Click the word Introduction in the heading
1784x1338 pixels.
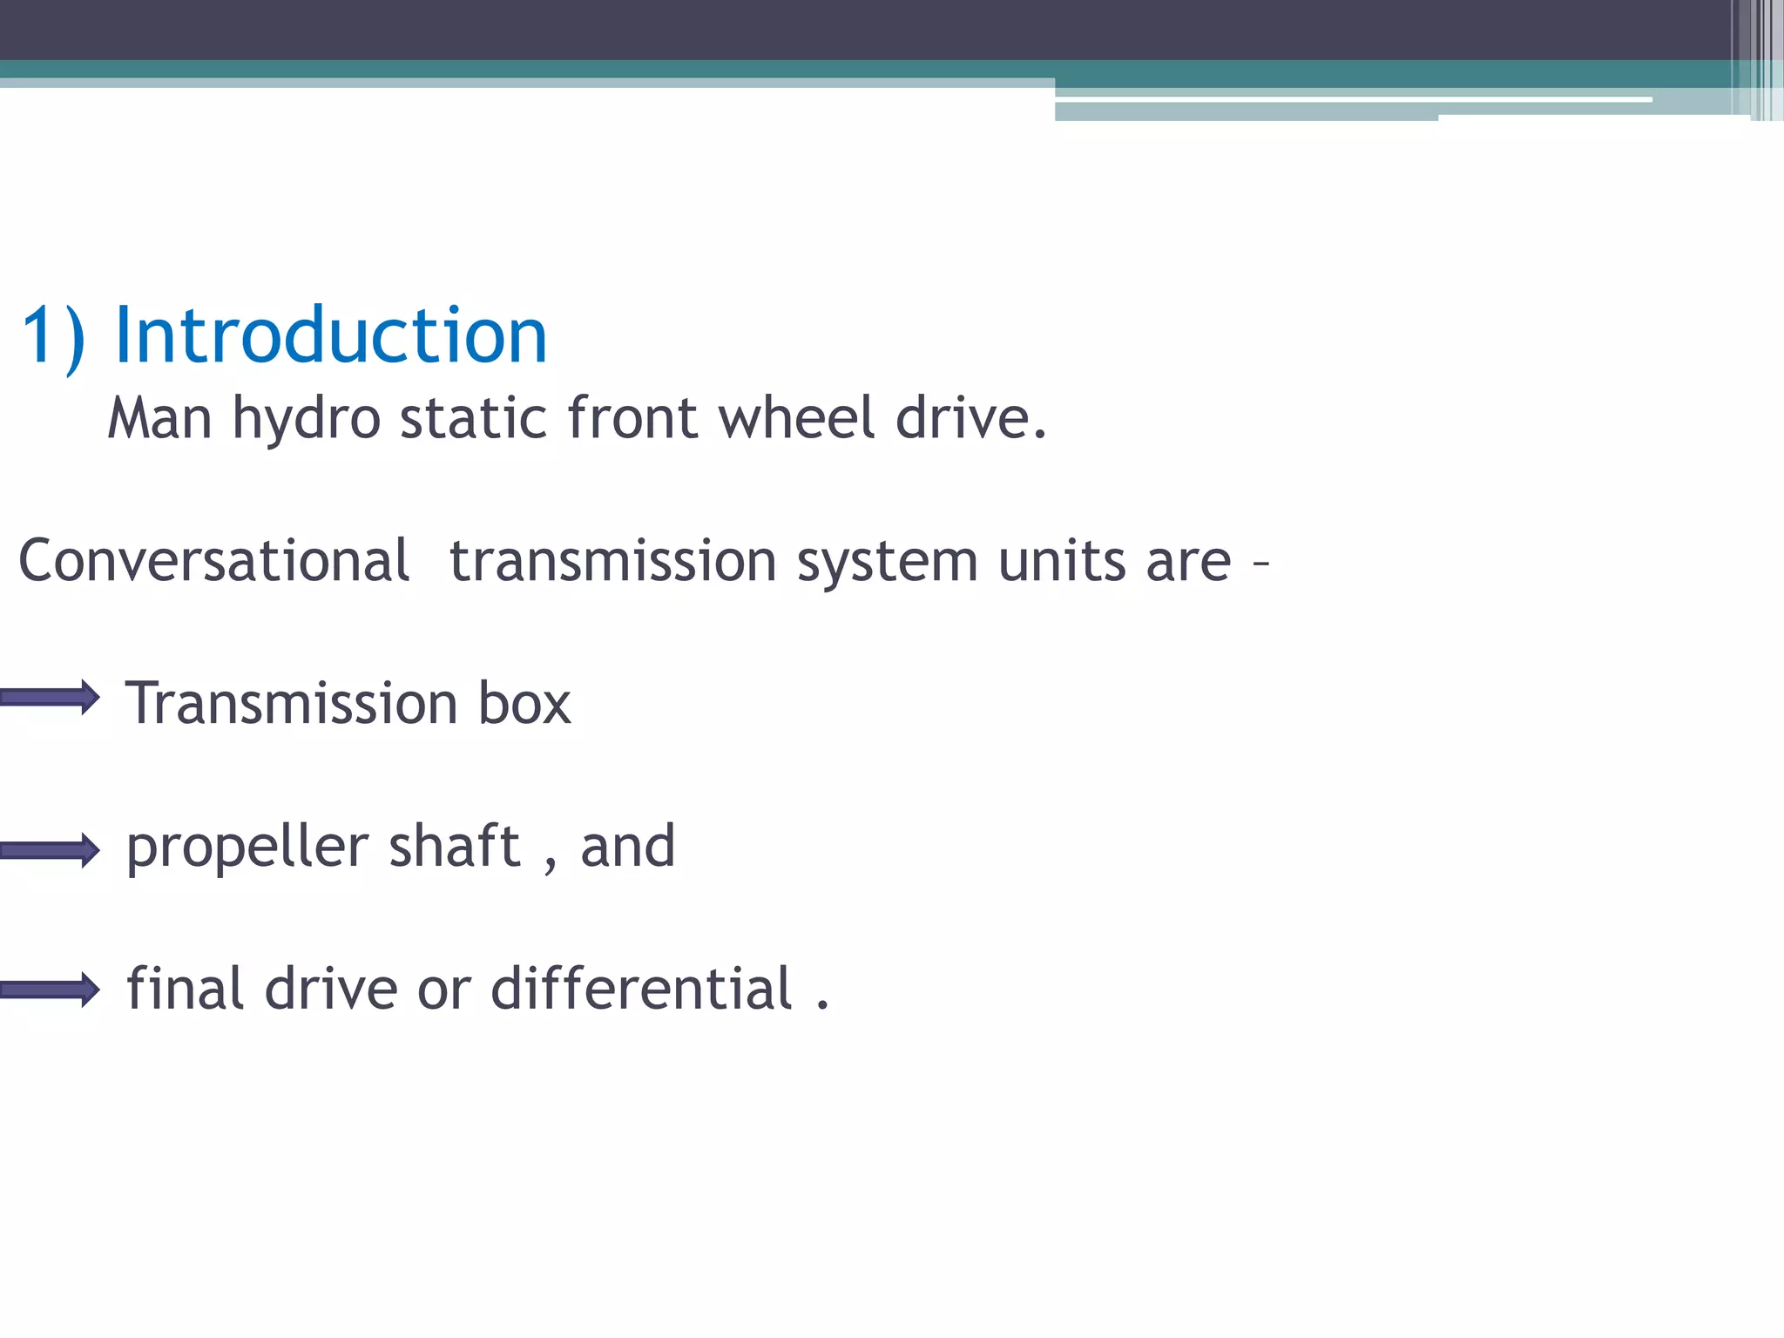pyautogui.click(x=330, y=335)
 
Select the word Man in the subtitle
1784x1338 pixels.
pyautogui.click(x=159, y=418)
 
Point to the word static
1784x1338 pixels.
pyautogui.click(x=473, y=418)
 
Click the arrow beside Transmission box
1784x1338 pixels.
pyautogui.click(x=51, y=697)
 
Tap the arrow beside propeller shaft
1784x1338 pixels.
pyautogui.click(x=51, y=850)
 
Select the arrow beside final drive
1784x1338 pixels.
pyautogui.click(x=51, y=990)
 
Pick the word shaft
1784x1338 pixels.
pyautogui.click(x=454, y=846)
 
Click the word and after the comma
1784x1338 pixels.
pyautogui.click(x=627, y=846)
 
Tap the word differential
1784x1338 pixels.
pyautogui.click(x=641, y=989)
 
